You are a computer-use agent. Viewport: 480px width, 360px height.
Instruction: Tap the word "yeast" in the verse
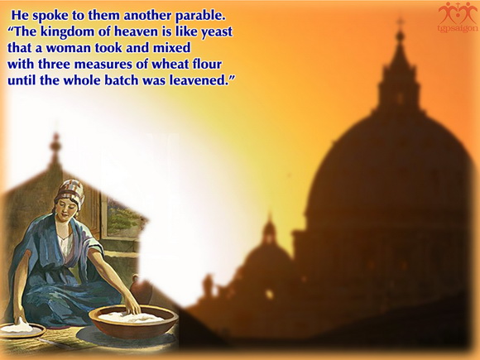pos(217,32)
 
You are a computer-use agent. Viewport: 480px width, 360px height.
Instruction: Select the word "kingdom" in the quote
pos(68,32)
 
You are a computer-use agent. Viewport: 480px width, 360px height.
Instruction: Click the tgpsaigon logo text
pos(458,28)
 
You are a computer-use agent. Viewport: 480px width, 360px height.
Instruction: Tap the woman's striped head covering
pos(70,191)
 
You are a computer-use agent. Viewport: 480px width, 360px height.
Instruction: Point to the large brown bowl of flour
pos(133,321)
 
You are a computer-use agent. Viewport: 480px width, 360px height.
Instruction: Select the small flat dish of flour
pos(22,330)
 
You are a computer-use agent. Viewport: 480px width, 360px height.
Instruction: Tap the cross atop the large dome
pos(400,22)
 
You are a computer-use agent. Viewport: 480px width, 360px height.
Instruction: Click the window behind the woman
pos(122,218)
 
